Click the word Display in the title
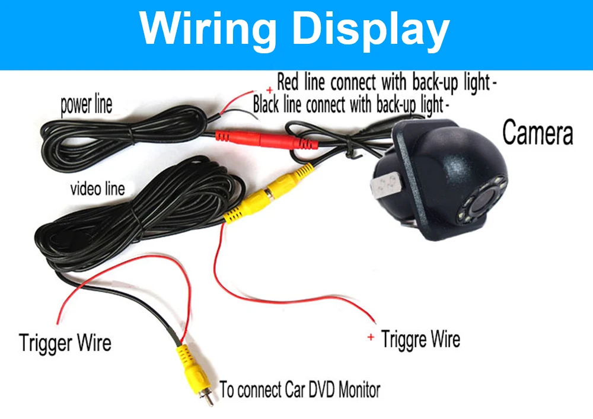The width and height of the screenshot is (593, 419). point(372,30)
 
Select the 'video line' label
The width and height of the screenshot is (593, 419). point(98,188)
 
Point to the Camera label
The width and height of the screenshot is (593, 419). point(537,132)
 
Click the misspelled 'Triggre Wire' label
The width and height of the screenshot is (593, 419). point(420,338)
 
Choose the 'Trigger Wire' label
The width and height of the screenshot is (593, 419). point(65,343)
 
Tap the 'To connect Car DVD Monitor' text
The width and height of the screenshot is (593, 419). point(300,389)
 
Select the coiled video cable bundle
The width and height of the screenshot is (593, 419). point(136,215)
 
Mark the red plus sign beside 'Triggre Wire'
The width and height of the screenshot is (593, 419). point(371,337)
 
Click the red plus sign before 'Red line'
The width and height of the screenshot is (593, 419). point(270,90)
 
